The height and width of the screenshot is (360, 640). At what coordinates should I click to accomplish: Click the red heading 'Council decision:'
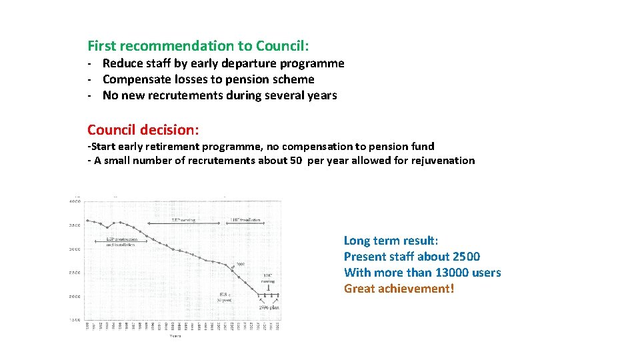click(x=143, y=129)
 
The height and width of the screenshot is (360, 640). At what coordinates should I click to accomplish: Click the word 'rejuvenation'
click(x=443, y=160)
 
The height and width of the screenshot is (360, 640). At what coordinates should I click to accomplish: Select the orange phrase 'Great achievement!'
click(x=399, y=289)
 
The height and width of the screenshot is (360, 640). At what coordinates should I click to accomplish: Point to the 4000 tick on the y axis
click(x=75, y=201)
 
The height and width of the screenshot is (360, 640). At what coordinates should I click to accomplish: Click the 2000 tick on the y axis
click(x=75, y=296)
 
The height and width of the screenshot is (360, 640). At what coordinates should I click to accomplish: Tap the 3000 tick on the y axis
click(x=75, y=249)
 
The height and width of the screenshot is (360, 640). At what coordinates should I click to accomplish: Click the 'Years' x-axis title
click(x=175, y=336)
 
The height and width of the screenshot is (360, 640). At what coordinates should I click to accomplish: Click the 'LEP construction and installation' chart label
click(x=121, y=241)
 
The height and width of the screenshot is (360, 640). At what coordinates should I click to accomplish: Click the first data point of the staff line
click(x=87, y=220)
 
